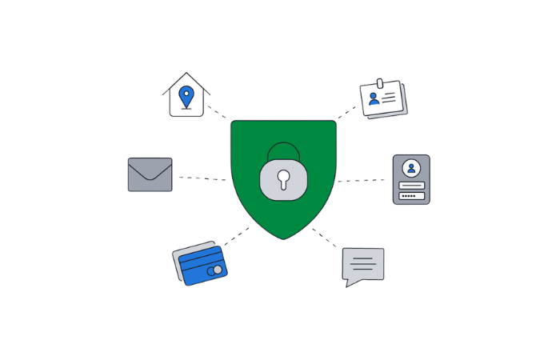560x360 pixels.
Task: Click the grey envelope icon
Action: click(150, 174)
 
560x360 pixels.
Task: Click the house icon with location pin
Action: click(186, 96)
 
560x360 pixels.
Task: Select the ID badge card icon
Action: click(383, 100)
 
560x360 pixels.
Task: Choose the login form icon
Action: click(411, 179)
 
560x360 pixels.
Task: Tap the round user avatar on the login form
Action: click(411, 168)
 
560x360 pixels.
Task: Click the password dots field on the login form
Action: click(411, 195)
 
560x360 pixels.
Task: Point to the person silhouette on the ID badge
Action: click(374, 100)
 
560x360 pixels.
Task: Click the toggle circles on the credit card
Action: click(214, 270)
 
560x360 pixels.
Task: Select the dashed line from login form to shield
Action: click(363, 180)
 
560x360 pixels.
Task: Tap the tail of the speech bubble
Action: click(351, 281)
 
